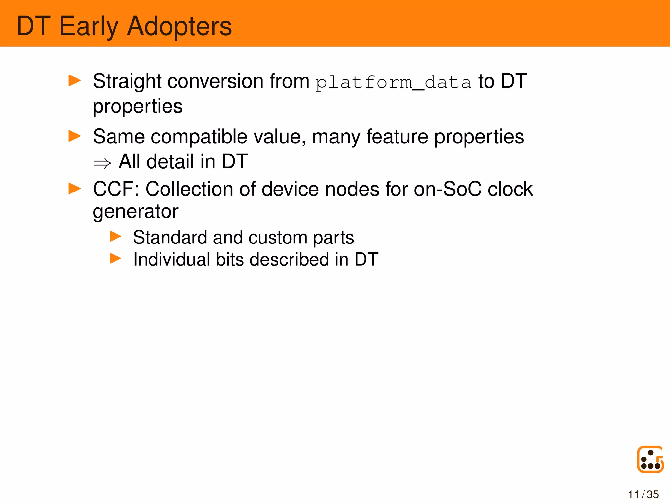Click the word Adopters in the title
coord(179,26)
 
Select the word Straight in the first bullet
coord(127,81)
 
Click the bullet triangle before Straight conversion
coord(75,80)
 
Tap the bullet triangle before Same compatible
coord(75,136)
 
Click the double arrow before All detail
coord(102,163)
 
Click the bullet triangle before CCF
coord(75,189)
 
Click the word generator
coord(135,212)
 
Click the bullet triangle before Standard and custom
coord(115,236)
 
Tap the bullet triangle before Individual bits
coord(115,259)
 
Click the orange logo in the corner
coord(650,459)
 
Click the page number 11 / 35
coord(643,494)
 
